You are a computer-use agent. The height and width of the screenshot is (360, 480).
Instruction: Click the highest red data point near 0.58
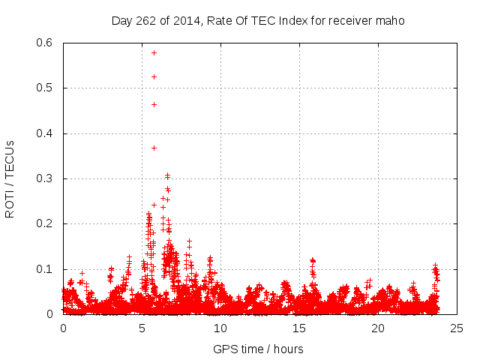click(x=154, y=52)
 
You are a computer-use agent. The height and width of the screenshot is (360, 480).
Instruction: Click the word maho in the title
click(x=391, y=21)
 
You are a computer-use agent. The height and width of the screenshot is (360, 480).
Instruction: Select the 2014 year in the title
click(x=184, y=21)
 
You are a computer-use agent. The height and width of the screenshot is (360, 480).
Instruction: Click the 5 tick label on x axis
click(x=142, y=328)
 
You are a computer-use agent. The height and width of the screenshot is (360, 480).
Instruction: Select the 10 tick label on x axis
click(x=220, y=328)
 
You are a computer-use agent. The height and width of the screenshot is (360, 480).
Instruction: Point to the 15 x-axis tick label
click(x=299, y=328)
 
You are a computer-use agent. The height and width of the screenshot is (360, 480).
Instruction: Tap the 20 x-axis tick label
click(x=378, y=328)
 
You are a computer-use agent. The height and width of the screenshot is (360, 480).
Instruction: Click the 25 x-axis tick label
click(x=457, y=328)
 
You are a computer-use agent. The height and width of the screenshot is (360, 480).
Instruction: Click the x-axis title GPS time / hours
click(x=258, y=349)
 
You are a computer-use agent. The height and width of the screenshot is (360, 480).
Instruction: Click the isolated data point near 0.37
click(x=154, y=148)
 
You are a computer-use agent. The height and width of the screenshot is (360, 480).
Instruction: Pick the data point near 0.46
click(x=154, y=104)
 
